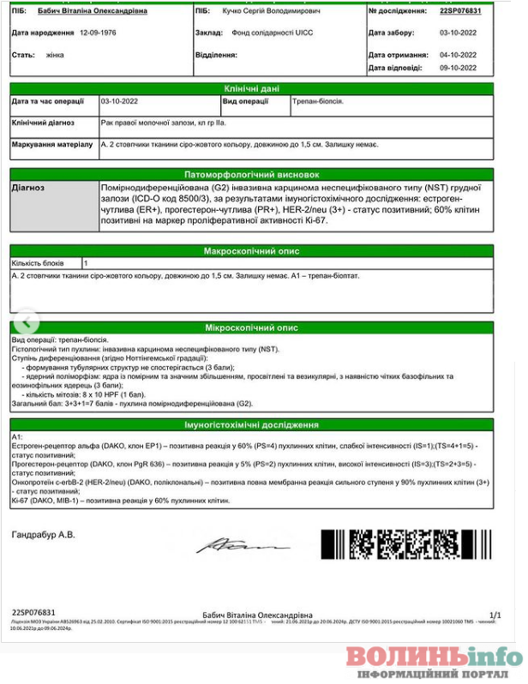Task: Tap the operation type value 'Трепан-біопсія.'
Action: [x=318, y=101]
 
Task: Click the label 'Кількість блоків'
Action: [x=39, y=263]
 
